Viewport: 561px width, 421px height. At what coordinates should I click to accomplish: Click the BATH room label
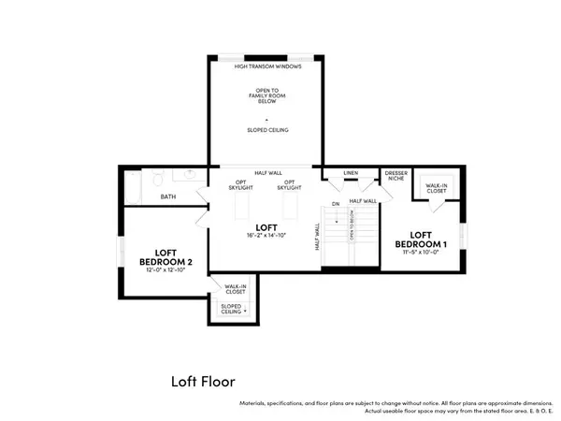(167, 196)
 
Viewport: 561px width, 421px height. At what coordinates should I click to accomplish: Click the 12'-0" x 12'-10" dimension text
(165, 269)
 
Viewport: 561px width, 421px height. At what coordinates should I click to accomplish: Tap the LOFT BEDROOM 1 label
(421, 239)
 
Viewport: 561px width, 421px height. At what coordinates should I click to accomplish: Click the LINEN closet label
(351, 173)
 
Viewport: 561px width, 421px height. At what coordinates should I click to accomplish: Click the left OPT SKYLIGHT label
(240, 185)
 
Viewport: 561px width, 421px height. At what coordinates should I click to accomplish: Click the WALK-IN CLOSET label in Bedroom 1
(436, 189)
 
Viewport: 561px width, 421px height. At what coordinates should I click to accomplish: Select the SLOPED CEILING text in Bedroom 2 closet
(232, 308)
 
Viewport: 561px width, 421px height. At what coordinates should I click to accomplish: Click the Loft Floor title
(203, 381)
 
